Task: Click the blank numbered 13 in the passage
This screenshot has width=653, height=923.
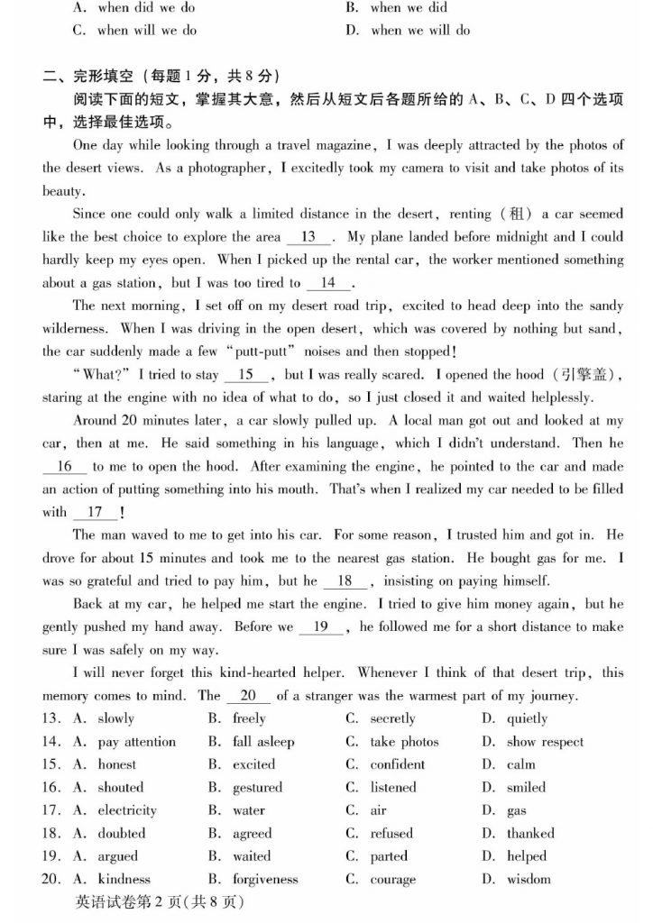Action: [x=308, y=237]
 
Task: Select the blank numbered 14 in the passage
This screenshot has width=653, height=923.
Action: [x=327, y=283]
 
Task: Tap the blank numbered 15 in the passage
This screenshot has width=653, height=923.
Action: [x=245, y=374]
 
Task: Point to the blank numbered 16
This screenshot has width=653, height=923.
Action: [x=64, y=466]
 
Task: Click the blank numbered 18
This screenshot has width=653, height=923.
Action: [x=345, y=581]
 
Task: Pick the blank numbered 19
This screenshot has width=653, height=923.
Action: [x=319, y=626]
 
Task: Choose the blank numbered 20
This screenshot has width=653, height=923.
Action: [x=248, y=696]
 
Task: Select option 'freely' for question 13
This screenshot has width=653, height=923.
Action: [x=249, y=718]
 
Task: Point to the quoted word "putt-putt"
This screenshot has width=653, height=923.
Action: [x=304, y=352]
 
